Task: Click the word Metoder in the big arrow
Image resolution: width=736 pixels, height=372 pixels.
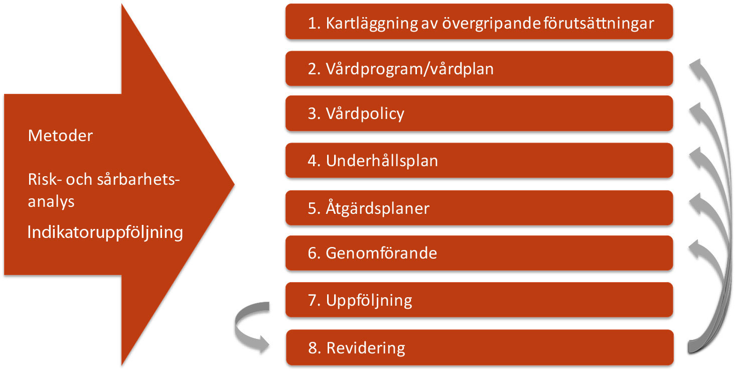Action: point(61,136)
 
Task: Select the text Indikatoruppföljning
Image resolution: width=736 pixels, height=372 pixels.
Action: point(105,232)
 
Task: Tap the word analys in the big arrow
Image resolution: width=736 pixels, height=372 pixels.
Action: point(51,202)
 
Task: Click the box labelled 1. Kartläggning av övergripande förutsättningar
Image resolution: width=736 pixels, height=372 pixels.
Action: point(480,22)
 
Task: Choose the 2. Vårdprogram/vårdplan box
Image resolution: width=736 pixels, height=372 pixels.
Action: point(480,69)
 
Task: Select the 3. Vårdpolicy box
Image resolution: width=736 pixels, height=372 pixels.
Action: point(480,113)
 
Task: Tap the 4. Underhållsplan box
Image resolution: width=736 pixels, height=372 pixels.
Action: point(480,161)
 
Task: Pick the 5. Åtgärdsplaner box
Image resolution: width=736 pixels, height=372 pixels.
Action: point(480,208)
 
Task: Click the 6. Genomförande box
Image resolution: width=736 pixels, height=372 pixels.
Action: point(480,253)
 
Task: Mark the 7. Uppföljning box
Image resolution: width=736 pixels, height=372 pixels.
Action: point(480,300)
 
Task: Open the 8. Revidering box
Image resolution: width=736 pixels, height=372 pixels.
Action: point(480,348)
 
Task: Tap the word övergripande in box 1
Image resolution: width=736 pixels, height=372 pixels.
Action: point(491,24)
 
